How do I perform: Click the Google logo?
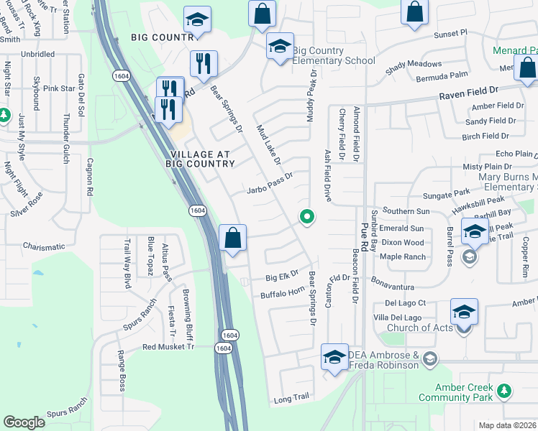point(24,422)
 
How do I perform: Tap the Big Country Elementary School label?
point(334,55)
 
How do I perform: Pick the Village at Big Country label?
point(203,159)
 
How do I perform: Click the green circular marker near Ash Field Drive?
point(308,215)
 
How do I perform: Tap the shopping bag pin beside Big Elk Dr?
point(233,238)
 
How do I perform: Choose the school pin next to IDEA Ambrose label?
point(334,357)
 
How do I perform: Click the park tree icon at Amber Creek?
point(505,391)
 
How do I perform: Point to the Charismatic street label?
point(44,247)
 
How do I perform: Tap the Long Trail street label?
point(291,397)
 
